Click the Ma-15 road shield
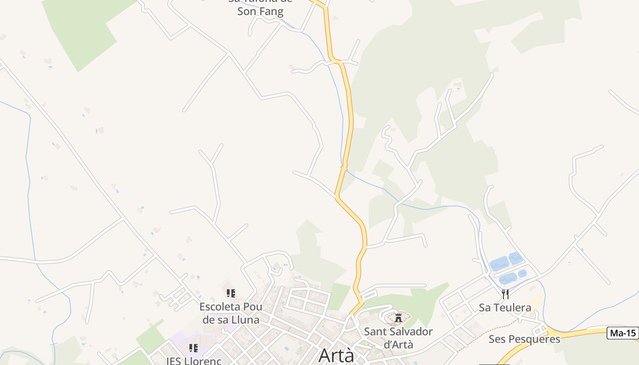[623, 333]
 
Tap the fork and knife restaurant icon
[505, 294]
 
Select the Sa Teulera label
[505, 308]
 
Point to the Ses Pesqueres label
[524, 339]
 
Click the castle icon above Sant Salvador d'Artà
[398, 318]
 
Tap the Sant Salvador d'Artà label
[398, 338]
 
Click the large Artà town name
[336, 355]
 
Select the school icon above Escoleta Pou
[231, 293]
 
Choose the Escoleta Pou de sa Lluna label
[230, 313]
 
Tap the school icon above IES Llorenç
[194, 348]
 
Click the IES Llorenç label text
[194, 361]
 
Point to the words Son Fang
[260, 11]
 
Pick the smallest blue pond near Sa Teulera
[522, 274]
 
